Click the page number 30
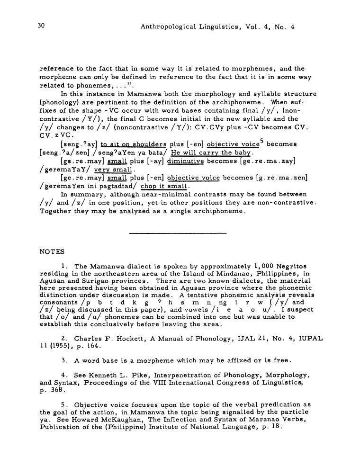[x=41, y=27]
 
